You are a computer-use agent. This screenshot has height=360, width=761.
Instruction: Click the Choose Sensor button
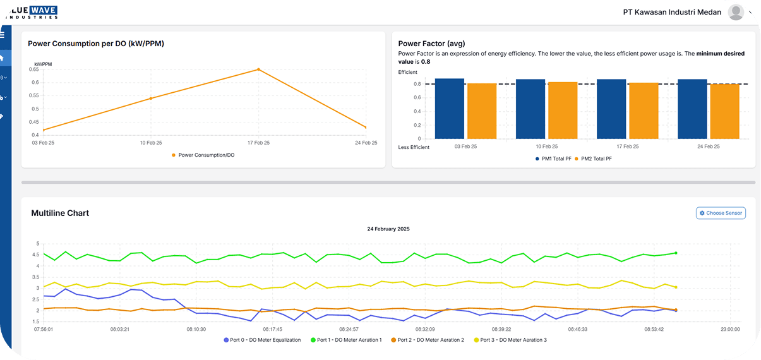(721, 213)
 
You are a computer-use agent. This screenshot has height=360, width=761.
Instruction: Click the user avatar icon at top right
(736, 12)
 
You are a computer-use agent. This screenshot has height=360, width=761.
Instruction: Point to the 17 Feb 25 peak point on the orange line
(258, 69)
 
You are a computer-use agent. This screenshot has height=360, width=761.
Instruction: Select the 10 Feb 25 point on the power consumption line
(150, 99)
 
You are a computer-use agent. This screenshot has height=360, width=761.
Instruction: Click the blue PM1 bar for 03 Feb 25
(450, 109)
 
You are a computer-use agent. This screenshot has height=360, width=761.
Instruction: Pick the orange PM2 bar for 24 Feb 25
(724, 111)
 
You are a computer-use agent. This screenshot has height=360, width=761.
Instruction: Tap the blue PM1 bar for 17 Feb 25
(611, 109)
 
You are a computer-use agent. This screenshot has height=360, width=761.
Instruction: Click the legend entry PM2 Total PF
(596, 159)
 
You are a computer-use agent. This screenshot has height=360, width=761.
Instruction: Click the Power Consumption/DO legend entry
(203, 155)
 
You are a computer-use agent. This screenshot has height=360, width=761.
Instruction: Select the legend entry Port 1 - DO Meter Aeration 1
(346, 340)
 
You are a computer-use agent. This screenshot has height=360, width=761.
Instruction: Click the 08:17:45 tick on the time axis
(273, 329)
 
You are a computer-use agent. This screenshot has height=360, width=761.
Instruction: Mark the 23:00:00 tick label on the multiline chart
(730, 329)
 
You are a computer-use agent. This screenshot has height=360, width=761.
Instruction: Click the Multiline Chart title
(60, 213)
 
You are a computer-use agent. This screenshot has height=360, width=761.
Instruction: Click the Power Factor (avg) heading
(432, 44)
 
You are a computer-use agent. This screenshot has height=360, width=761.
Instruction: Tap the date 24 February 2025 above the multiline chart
(388, 229)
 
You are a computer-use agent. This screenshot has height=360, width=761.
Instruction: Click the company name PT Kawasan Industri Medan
(672, 12)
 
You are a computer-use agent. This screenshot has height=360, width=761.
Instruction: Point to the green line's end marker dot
(676, 253)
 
